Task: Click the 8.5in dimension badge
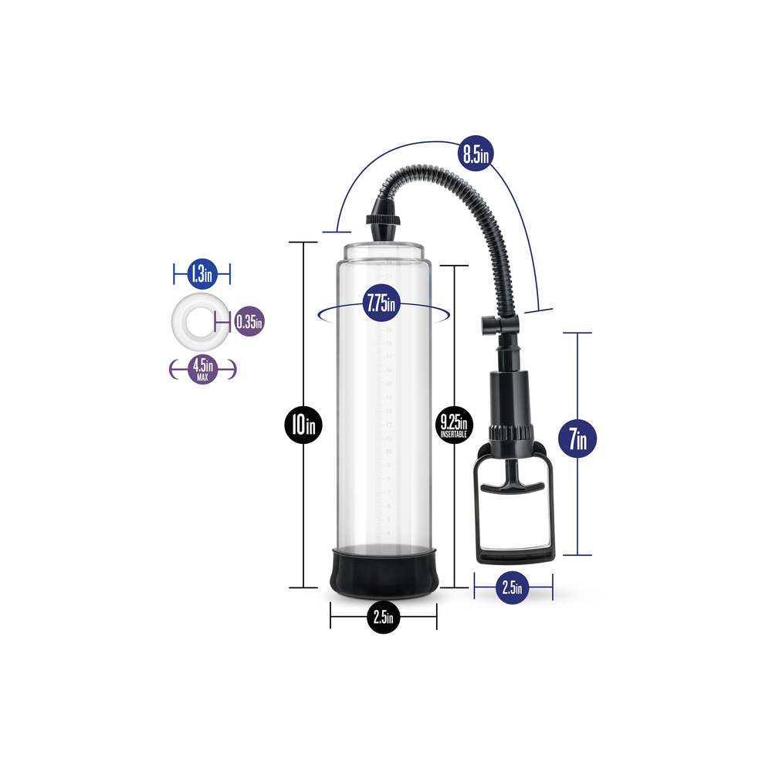coord(474,154)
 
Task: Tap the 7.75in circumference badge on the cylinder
coord(381,303)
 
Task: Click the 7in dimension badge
coord(577,441)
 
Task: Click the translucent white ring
coord(191,320)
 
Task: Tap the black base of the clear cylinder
coord(383,572)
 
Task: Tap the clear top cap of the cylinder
coord(383,250)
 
